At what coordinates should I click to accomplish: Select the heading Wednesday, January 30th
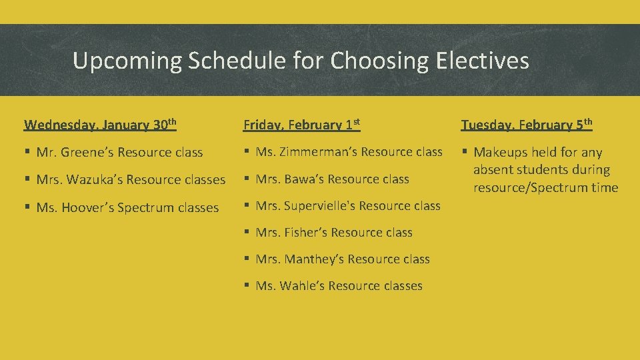point(100,125)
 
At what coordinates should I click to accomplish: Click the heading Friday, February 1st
point(301,125)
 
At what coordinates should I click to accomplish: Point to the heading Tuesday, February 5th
point(527,125)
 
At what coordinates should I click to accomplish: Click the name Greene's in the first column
point(85,153)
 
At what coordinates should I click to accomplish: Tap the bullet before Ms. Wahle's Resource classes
point(247,286)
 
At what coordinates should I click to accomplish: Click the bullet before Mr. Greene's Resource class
point(27,153)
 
